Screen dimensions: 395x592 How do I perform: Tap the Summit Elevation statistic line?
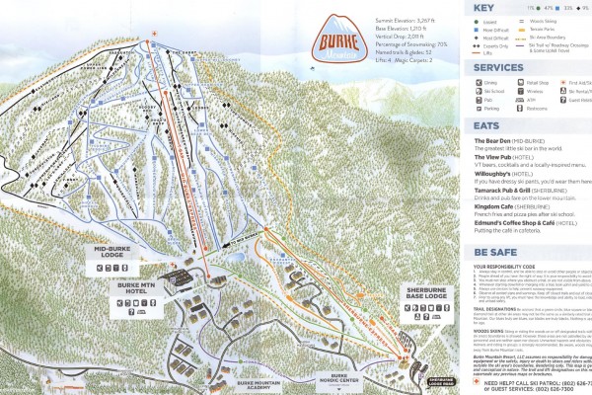point(406,21)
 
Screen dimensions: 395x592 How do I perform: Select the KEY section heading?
point(483,7)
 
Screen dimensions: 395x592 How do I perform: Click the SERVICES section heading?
point(499,67)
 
